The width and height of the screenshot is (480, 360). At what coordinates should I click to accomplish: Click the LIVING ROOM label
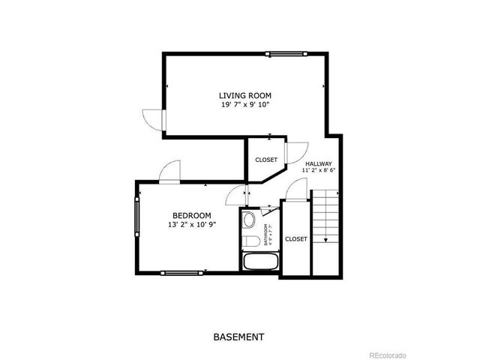pos(244,95)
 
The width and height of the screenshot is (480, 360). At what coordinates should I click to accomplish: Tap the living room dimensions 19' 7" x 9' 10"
pos(244,105)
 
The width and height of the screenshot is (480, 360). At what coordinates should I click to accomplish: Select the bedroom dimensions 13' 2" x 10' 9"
pos(191,224)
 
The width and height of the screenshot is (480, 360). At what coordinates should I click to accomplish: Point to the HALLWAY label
pos(318,163)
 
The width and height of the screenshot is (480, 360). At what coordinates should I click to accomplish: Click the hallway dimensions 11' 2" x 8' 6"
pos(318,171)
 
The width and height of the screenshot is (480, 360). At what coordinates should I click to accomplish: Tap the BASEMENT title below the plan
pos(239,337)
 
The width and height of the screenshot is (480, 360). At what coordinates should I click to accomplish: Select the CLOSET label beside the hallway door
pos(266,160)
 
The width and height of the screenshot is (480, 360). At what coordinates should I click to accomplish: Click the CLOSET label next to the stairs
pos(295,238)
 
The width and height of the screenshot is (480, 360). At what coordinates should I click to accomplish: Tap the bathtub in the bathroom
pos(260,262)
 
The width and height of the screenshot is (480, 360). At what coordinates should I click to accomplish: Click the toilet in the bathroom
pos(250,238)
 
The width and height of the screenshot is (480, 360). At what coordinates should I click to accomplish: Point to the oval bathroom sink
pos(249,220)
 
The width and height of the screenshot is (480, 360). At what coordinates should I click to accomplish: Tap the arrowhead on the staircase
pos(325,241)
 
